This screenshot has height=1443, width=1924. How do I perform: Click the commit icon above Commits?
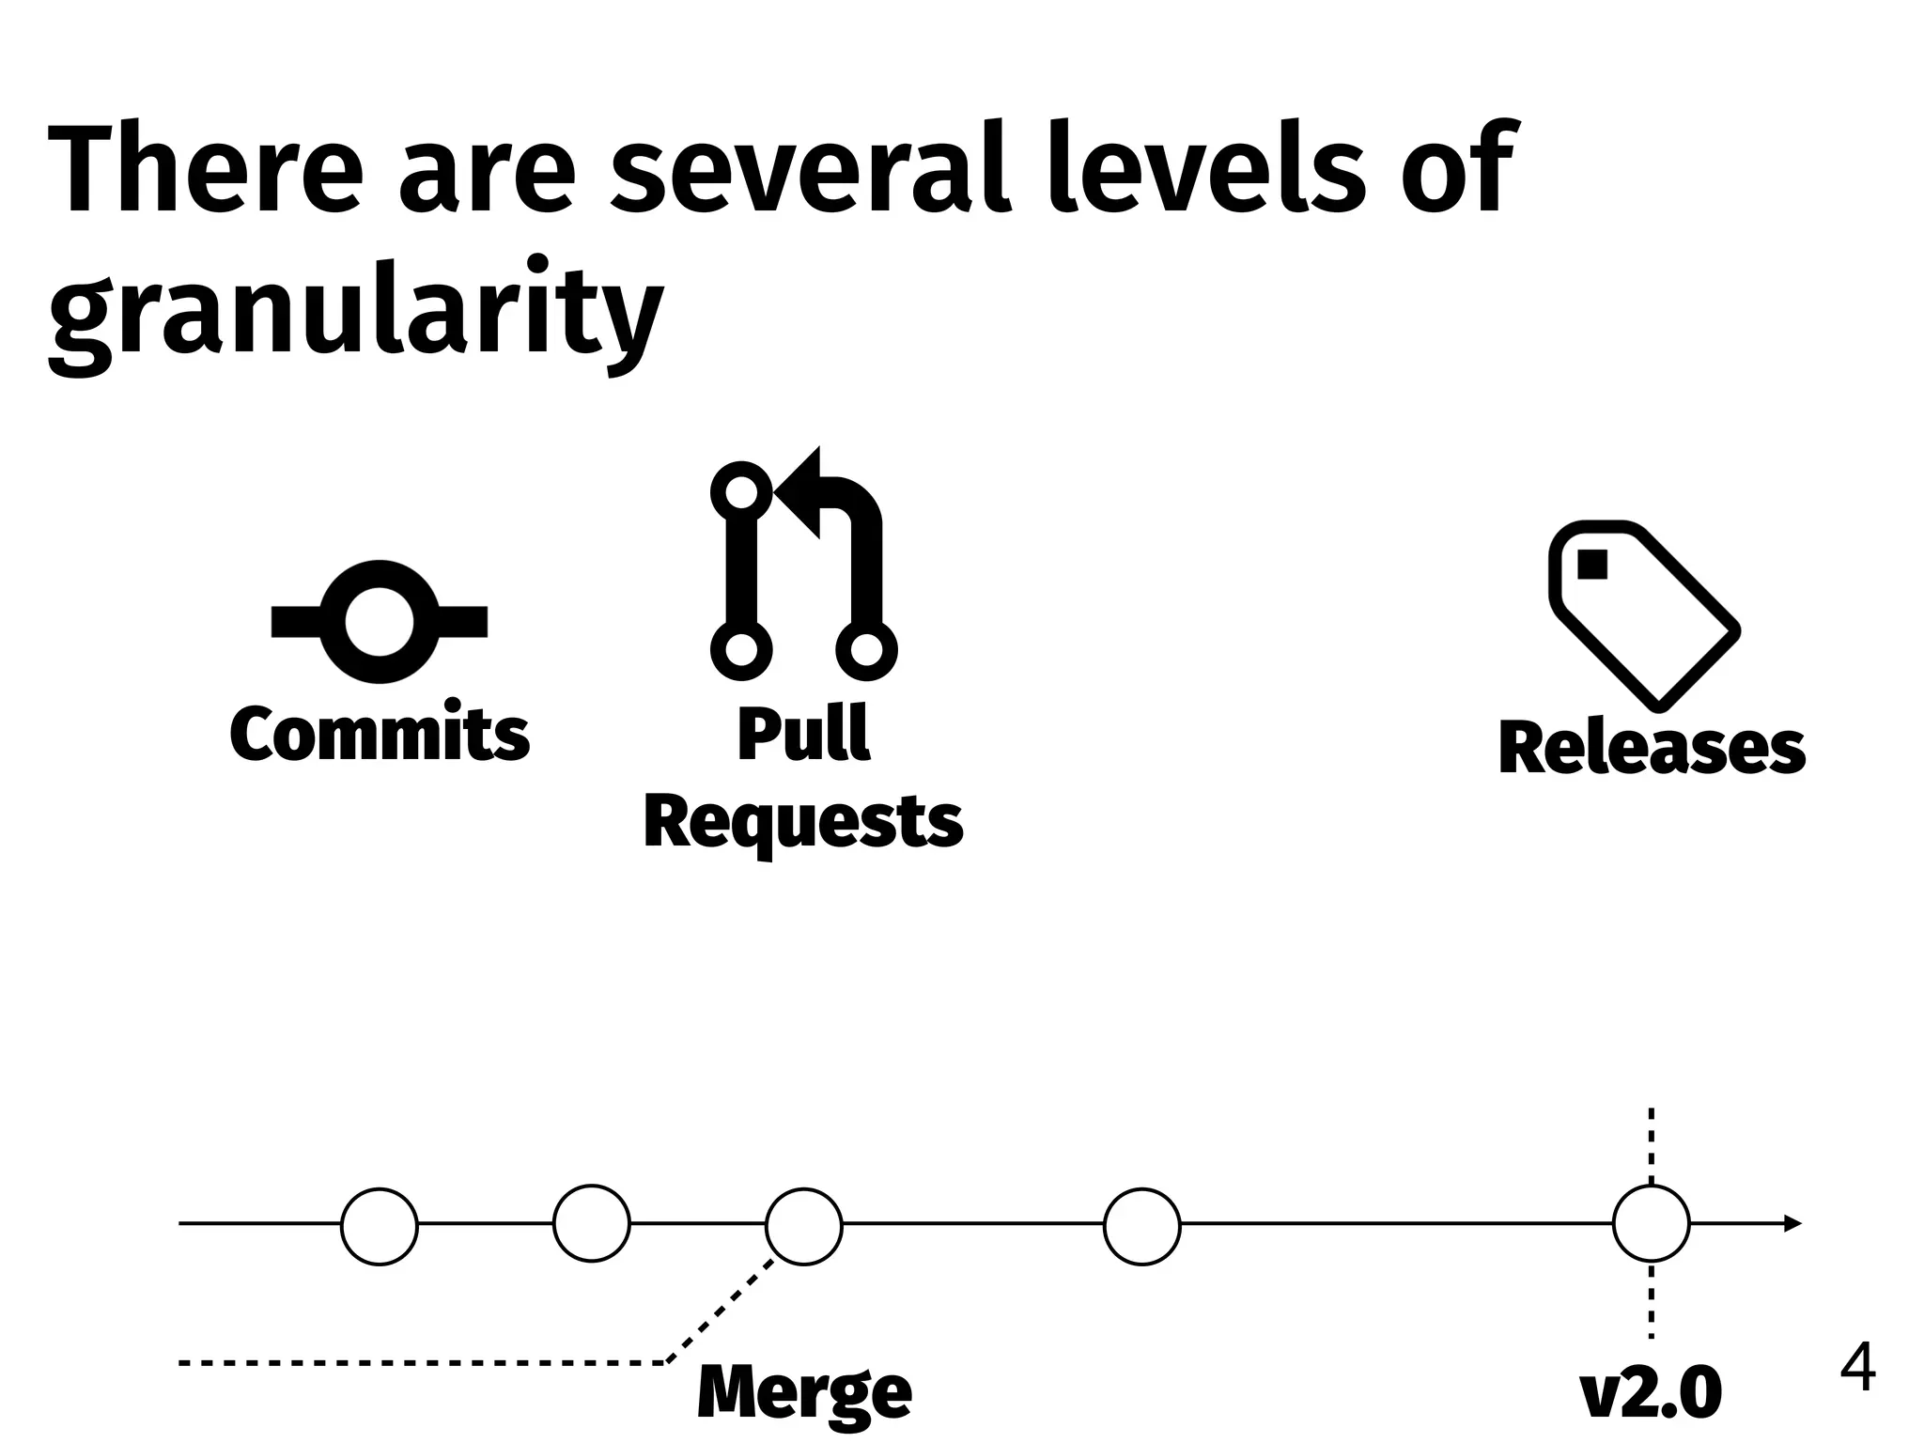point(380,622)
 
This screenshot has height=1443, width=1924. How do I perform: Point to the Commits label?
point(380,734)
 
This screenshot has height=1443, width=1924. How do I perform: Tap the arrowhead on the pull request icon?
point(799,491)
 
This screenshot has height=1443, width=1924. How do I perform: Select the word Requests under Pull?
point(803,822)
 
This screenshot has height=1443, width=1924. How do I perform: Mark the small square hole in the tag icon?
point(1593,565)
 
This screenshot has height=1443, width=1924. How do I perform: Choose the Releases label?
point(1652,749)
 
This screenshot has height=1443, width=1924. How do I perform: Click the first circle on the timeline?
point(380,1226)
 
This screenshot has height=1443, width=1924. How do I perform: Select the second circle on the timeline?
point(592,1223)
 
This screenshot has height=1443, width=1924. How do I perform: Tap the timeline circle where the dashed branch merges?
point(804,1226)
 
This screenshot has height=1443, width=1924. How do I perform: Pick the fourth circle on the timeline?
point(1142,1226)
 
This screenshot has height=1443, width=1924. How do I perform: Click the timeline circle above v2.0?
point(1652,1223)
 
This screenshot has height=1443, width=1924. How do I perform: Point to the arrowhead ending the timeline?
point(1792,1223)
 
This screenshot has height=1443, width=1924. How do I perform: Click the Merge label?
point(804,1392)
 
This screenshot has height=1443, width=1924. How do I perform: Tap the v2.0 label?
point(1652,1392)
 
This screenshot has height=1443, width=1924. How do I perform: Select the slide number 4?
point(1857,1369)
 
